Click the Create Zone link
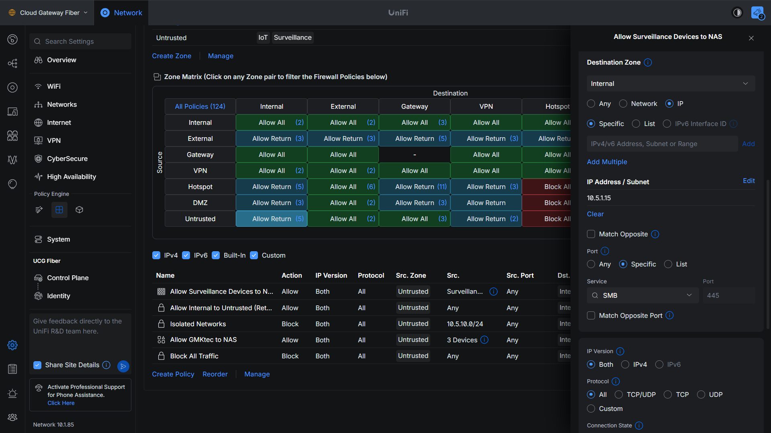172,56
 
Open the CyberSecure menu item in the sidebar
67,159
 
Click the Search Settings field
80,41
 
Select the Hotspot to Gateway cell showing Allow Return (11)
415,187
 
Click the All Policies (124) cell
200,106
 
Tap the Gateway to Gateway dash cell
415,154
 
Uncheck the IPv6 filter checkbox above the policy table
186,255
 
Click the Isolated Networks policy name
198,324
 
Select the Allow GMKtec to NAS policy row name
203,339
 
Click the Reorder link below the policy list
215,374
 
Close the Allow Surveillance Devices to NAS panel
751,38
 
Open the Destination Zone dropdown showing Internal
671,83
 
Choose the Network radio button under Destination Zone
623,104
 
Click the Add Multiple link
607,162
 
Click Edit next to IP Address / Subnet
749,181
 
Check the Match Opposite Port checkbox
591,315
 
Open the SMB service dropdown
643,295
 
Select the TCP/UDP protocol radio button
619,394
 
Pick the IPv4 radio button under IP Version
625,364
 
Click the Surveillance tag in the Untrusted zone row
292,37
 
